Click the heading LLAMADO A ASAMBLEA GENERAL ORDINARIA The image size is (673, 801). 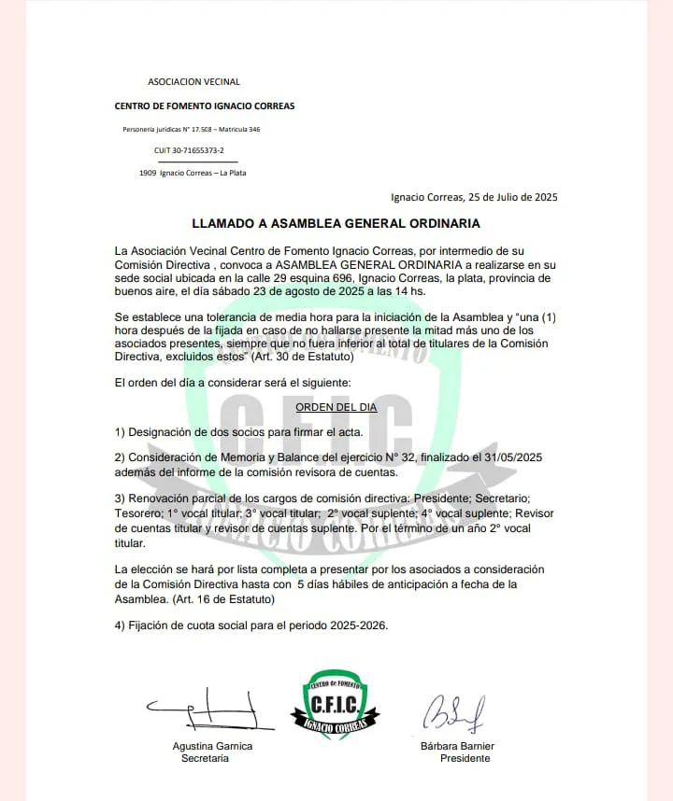click(336, 224)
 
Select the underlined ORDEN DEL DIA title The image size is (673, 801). click(336, 408)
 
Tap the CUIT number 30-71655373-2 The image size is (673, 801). click(189, 149)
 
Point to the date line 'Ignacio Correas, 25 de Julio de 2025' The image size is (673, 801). click(474, 197)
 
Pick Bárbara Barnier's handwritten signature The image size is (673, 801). click(453, 714)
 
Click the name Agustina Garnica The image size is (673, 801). click(212, 746)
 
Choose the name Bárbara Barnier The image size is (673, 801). click(457, 746)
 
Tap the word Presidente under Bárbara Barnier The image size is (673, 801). click(465, 759)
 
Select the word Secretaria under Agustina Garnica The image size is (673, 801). click(205, 759)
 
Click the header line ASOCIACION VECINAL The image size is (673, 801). click(193, 82)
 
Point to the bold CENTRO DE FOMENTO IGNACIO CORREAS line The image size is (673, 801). click(205, 106)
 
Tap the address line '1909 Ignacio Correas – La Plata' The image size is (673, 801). click(193, 173)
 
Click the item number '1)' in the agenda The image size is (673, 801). click(120, 432)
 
